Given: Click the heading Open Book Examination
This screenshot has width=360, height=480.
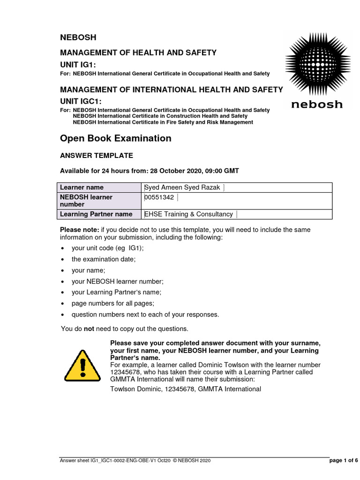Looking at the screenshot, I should click(116, 138).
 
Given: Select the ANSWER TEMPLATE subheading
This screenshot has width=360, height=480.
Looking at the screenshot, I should click(97, 156).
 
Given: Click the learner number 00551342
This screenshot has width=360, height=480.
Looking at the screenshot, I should click(159, 197).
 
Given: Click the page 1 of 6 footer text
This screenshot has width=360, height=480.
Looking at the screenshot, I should click(344, 461).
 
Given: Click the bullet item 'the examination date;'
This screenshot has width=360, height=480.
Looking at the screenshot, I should click(103, 259).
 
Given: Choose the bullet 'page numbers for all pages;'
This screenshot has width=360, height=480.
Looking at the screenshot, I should click(112, 303).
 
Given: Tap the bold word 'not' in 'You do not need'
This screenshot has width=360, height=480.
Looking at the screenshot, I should click(89, 329).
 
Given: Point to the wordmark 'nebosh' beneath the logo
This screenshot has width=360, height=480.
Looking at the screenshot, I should click(317, 104).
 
